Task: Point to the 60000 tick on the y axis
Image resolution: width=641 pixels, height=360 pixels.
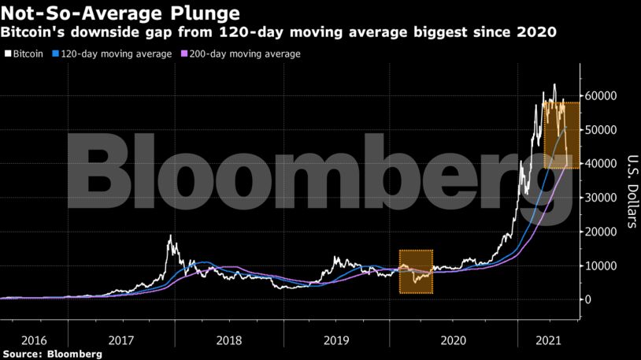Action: coord(601,96)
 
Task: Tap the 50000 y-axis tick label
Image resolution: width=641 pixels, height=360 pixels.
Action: coord(601,130)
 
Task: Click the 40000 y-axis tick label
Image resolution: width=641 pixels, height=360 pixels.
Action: coord(601,164)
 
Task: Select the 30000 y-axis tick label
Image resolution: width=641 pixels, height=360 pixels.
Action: coord(601,198)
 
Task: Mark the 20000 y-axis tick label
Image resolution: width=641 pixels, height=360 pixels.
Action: coord(601,232)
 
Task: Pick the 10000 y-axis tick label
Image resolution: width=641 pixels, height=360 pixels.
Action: coord(601,265)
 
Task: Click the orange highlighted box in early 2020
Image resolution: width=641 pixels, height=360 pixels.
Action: coord(416,272)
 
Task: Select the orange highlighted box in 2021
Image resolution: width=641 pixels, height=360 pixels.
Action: coord(562,135)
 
